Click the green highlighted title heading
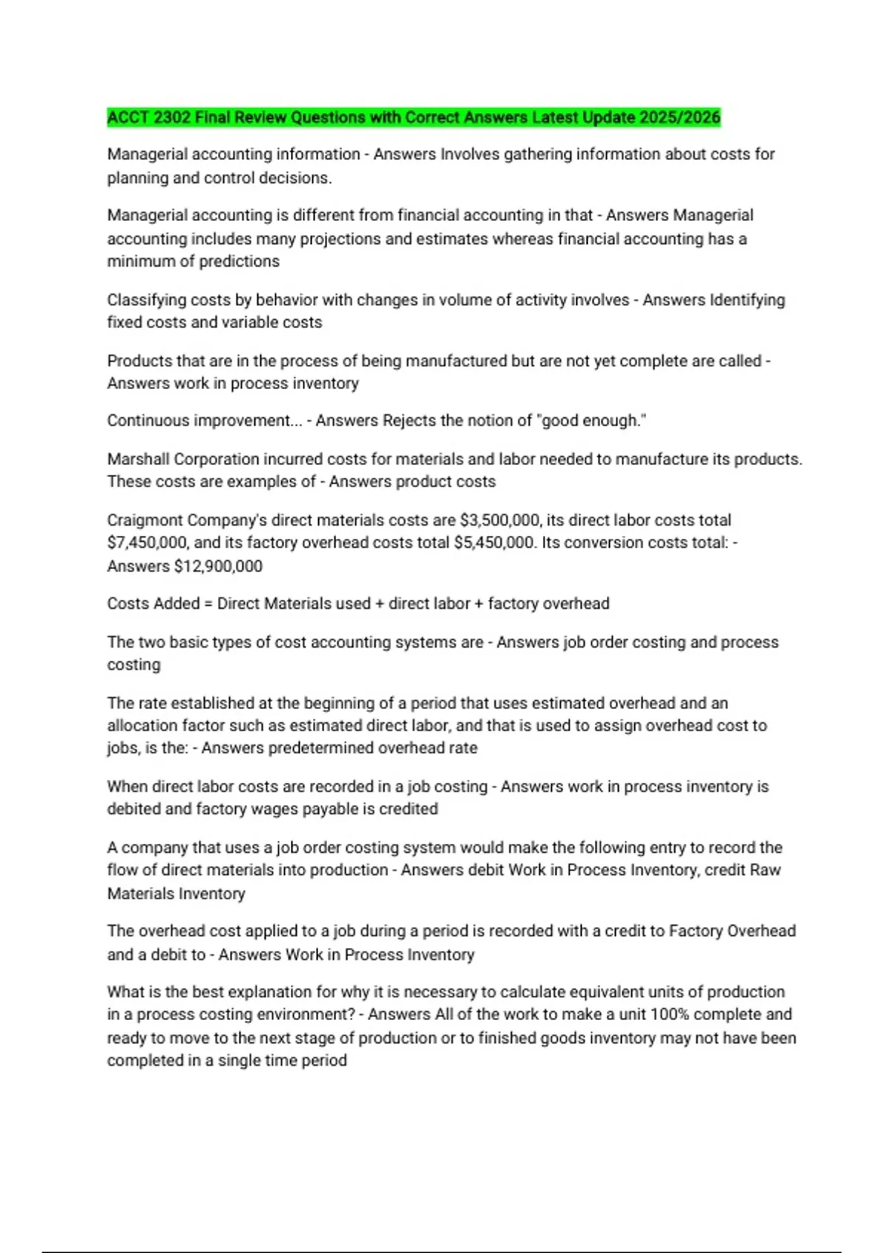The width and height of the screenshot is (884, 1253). pyautogui.click(x=413, y=117)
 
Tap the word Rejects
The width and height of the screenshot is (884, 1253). pyautogui.click(x=409, y=421)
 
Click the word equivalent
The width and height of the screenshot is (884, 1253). pyautogui.click(x=597, y=992)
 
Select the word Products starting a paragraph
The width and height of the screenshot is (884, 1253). pyautogui.click(x=139, y=361)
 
